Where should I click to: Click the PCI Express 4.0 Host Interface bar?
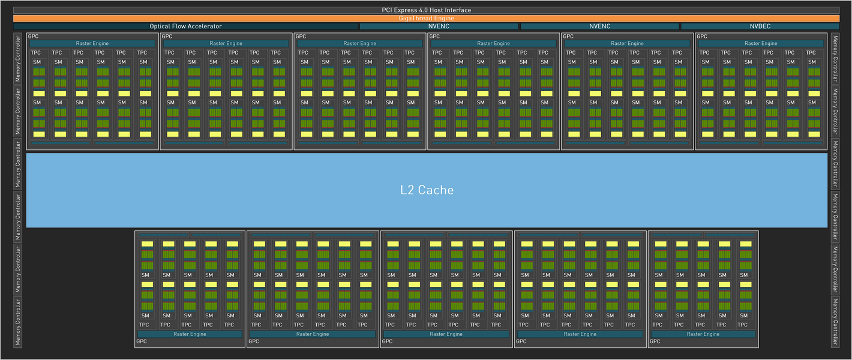pos(426,10)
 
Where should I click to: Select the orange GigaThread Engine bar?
pos(426,18)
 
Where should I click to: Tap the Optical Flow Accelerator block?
pos(185,26)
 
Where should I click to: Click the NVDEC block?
pos(760,26)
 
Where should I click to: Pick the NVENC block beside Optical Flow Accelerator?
pos(439,26)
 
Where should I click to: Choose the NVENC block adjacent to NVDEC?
pos(599,26)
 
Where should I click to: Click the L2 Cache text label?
pos(427,190)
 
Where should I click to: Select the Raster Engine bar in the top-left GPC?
pos(92,43)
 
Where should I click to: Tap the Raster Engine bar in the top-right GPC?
pos(761,43)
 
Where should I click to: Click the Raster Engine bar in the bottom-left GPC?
pos(190,334)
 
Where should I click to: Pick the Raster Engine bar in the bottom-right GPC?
pos(703,334)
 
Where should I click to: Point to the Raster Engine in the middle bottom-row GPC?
pos(446,334)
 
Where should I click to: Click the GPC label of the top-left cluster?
pos(34,37)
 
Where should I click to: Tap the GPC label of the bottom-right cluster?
pos(655,341)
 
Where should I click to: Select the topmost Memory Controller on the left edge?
pos(17,59)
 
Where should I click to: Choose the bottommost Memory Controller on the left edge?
pos(17,322)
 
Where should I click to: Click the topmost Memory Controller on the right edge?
pos(835,59)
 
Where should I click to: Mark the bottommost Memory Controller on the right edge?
pos(835,322)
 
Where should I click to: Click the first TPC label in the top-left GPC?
pos(36,53)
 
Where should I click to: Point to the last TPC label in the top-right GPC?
pos(811,53)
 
